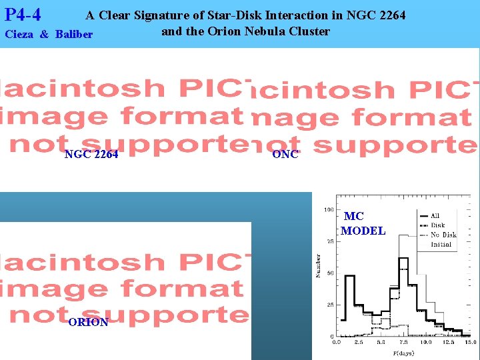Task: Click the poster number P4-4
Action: click(x=23, y=14)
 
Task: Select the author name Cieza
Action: click(x=19, y=34)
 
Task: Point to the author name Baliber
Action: click(x=74, y=34)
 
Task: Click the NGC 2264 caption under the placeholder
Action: click(x=91, y=155)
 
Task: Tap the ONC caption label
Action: click(x=285, y=155)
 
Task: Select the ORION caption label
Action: click(x=88, y=322)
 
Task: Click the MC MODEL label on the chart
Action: click(x=363, y=223)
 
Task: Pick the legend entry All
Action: click(x=435, y=215)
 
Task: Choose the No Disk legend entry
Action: click(x=443, y=235)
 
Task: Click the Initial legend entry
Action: click(x=441, y=244)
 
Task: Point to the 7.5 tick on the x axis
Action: click(x=403, y=341)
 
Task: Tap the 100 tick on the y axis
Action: click(x=329, y=209)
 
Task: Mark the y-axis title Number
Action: click(x=319, y=265)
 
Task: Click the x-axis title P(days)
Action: click(x=403, y=352)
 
